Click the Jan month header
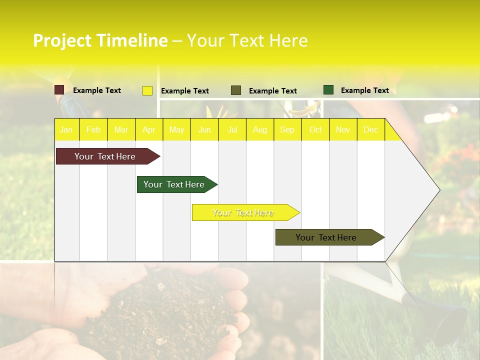(66, 129)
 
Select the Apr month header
(148, 129)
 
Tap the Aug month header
(259, 129)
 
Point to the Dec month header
(370, 129)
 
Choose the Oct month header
(315, 129)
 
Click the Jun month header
(204, 129)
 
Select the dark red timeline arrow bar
(105, 156)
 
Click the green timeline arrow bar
(174, 184)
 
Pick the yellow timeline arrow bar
(243, 212)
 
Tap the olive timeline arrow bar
(326, 237)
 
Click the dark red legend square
(59, 90)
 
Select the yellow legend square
(147, 90)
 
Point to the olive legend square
(236, 90)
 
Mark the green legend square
(328, 90)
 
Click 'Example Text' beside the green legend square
(364, 90)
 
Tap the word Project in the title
(62, 40)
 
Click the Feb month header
(93, 129)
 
